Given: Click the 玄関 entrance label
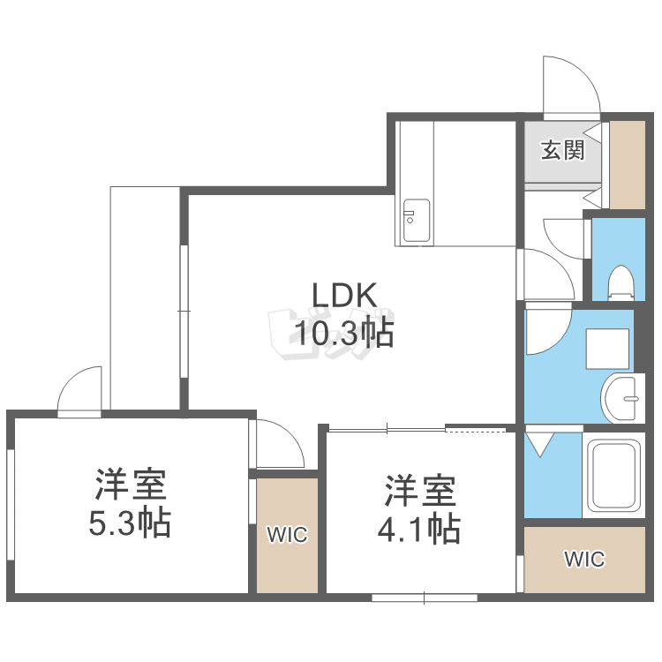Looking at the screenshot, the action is pos(563,150).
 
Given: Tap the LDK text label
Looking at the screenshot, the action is pos(344,295).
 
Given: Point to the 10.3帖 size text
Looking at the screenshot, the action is pos(344,333).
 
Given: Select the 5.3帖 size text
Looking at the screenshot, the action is pos(130,523).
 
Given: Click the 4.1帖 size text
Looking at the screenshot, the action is pos(418,528).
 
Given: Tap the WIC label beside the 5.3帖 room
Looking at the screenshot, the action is pos(287,535).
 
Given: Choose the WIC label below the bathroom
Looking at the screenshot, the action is pos(584,559).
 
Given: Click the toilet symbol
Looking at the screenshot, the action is pos(621,282).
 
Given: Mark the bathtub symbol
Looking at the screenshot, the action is pos(613,475).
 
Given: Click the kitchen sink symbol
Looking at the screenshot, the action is pos(417,221).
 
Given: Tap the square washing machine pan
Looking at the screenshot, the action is pos(607,349).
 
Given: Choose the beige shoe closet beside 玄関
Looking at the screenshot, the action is pos(628,165).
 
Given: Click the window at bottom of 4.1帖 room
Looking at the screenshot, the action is pos(425,598).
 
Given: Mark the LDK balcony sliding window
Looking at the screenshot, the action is pos(184,311).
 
